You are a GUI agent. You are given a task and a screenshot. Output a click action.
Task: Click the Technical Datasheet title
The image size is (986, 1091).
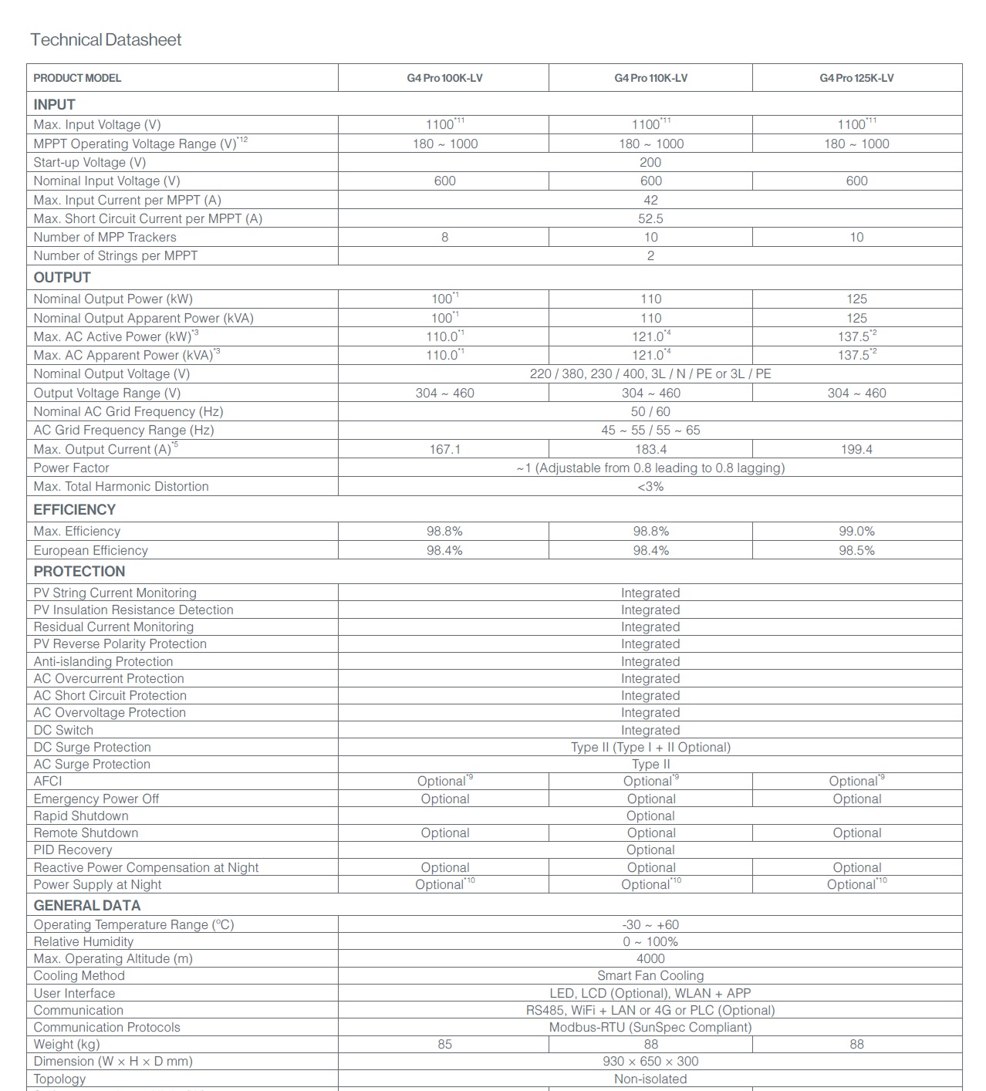[106, 40]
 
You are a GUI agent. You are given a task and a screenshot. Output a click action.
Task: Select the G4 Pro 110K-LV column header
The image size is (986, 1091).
[650, 78]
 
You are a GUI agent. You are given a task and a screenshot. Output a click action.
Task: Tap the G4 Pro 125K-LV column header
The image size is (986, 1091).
[856, 78]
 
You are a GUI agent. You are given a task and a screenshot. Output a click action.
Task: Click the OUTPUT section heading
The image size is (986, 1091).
[62, 278]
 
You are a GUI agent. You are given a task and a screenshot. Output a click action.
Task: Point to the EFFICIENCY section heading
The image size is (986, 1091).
[74, 510]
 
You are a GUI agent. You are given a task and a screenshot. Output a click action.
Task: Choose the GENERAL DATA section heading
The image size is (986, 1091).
[86, 906]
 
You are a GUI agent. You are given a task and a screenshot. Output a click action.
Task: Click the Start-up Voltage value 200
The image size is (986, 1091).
[650, 163]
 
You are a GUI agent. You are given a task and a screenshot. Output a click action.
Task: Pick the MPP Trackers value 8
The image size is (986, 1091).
[444, 238]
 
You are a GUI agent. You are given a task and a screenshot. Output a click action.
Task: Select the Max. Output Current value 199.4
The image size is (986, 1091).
[856, 449]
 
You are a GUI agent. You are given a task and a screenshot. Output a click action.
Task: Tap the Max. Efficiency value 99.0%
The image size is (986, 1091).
[856, 532]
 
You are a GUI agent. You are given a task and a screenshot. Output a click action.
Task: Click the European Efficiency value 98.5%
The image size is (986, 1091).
[856, 551]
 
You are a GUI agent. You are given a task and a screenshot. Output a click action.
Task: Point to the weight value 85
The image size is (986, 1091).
[444, 1045]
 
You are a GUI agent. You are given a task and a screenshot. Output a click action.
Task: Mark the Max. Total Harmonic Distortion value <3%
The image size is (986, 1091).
[650, 487]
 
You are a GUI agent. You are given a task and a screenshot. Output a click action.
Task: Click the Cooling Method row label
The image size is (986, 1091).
[79, 976]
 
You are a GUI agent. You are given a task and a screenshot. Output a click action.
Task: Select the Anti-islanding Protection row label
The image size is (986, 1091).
[103, 662]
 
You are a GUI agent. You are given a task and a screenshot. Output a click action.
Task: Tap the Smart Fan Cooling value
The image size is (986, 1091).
[650, 976]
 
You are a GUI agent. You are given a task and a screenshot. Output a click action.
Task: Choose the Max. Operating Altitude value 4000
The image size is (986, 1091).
[650, 959]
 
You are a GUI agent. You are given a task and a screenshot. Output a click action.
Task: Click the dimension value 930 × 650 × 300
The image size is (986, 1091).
[650, 1062]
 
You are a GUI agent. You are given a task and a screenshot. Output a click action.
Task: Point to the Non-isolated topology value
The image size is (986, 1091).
[650, 1079]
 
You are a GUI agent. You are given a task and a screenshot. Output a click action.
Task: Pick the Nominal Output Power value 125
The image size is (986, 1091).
[856, 299]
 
